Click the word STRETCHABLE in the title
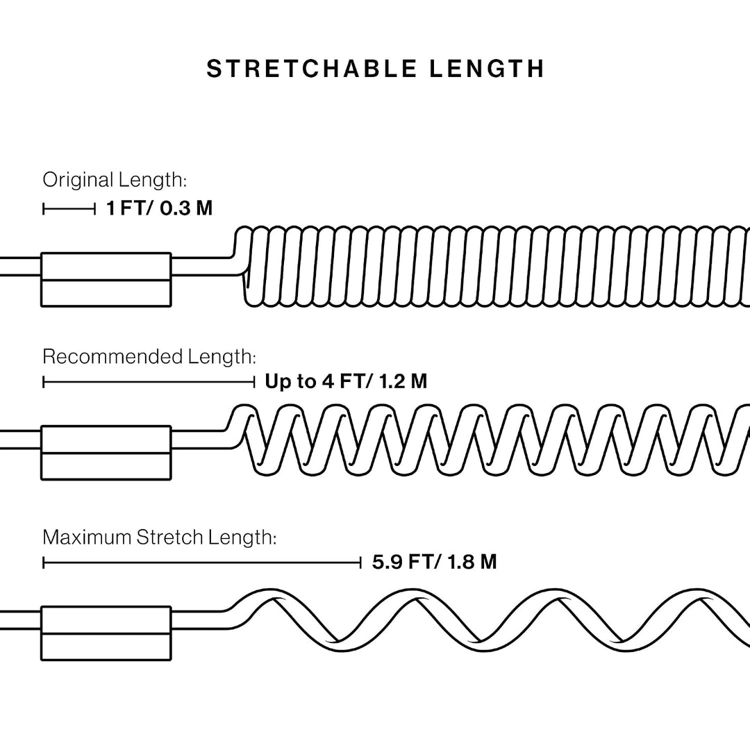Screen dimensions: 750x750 pyautogui.click(x=312, y=69)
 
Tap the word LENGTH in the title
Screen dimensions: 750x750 pyautogui.click(x=487, y=69)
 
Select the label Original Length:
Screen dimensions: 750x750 pyautogui.click(x=115, y=181)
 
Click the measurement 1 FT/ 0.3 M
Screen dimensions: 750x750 pyautogui.click(x=159, y=208)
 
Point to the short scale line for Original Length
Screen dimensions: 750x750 pyautogui.click(x=69, y=209)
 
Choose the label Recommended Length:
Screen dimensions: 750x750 pyautogui.click(x=149, y=357)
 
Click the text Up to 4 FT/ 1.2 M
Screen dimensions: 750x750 pyautogui.click(x=346, y=382)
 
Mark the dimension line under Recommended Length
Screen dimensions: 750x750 pyautogui.click(x=149, y=382)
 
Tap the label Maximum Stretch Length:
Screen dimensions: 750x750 pyautogui.click(x=159, y=537)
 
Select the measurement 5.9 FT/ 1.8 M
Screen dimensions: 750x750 pyautogui.click(x=434, y=562)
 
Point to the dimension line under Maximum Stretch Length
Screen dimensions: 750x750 pyautogui.click(x=202, y=562)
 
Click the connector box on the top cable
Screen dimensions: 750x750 pyautogui.click(x=106, y=279)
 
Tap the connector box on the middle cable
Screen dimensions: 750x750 pyautogui.click(x=106, y=453)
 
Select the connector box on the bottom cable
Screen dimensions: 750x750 pyautogui.click(x=106, y=633)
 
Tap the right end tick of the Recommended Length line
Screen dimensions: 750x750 pyautogui.click(x=254, y=382)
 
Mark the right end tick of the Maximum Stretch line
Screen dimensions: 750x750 pyautogui.click(x=360, y=562)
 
